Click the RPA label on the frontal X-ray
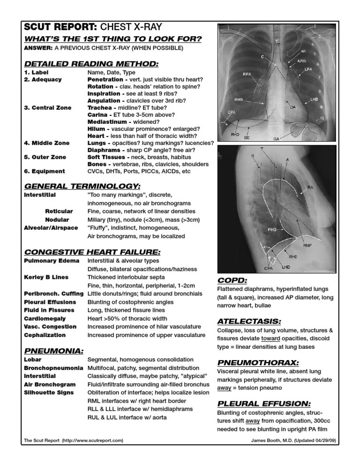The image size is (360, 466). pos(247,74)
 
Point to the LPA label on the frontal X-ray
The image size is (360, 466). pos(308,69)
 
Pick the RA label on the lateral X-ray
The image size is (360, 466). pos(310,187)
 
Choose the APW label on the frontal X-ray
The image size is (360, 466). pos(303,61)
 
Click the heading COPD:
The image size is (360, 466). pos(232,280)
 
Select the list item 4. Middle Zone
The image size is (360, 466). pos(47,143)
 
